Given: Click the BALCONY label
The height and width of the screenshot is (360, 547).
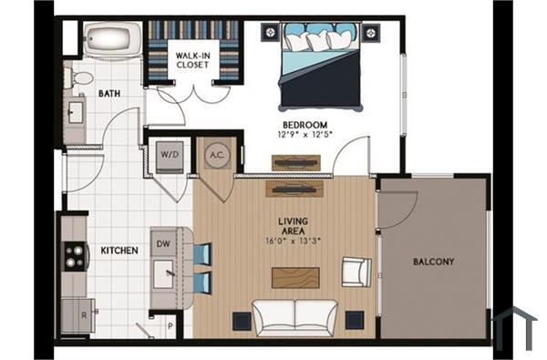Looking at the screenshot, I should coord(433,262).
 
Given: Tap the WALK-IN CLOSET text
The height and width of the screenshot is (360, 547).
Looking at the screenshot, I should coord(192,61).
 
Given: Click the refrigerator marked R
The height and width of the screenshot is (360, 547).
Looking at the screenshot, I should coord(73,314).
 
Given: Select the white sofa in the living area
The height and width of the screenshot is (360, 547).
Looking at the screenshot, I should coord(294,316).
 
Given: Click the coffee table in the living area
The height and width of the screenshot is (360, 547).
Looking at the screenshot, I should coord(296,275).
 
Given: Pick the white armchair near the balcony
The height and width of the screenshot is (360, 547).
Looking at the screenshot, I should coord(356,271).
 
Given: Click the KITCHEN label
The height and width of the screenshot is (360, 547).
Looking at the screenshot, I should coord(119,250).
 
